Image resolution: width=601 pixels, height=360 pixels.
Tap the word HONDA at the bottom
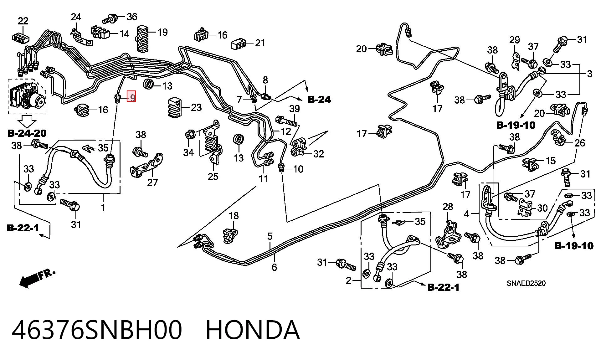(253, 330)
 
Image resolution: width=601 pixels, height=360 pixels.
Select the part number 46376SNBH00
(97, 330)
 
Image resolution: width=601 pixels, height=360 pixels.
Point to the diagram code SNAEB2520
(526, 283)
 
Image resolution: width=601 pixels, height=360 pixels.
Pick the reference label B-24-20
(27, 133)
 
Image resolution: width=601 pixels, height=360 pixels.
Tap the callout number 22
(23, 21)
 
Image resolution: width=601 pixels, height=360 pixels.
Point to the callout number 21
(260, 43)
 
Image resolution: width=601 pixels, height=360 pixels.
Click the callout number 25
(213, 176)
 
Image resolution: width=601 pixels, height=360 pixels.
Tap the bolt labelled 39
(286, 121)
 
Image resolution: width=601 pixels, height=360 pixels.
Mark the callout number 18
(234, 216)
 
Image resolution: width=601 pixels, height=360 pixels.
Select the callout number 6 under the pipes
(274, 267)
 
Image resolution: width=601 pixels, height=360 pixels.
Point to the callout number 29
(515, 40)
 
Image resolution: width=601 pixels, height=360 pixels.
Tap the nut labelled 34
(190, 135)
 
